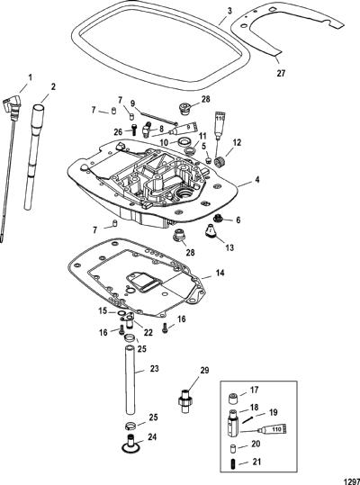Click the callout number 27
[x=281, y=73]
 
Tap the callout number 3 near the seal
[x=229, y=11]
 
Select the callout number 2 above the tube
[x=53, y=87]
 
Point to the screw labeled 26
[x=134, y=129]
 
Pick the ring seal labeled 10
[x=184, y=142]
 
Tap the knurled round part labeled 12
[x=221, y=162]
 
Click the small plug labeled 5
[x=209, y=160]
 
